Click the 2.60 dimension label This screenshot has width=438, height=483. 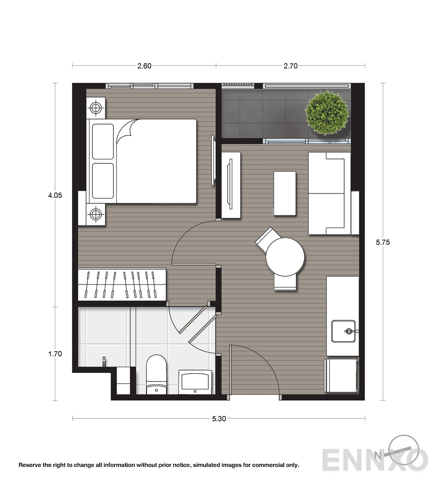click(x=144, y=66)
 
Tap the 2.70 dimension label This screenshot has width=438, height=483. click(x=290, y=66)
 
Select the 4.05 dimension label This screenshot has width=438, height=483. click(x=55, y=195)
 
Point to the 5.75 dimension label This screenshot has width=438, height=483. click(x=383, y=242)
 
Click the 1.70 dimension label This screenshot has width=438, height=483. click(x=55, y=354)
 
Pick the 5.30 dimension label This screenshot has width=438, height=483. click(x=219, y=419)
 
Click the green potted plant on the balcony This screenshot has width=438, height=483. click(x=327, y=113)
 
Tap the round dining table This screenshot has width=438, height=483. click(x=285, y=257)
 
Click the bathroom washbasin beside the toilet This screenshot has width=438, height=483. click(x=195, y=382)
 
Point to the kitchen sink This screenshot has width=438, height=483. click(x=343, y=331)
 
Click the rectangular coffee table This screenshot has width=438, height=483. click(x=285, y=193)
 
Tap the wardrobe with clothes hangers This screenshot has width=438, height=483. click(x=122, y=284)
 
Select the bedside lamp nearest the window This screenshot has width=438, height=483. click(x=96, y=108)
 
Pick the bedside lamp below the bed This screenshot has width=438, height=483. click(x=96, y=214)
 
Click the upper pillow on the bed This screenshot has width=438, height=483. click(x=103, y=142)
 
